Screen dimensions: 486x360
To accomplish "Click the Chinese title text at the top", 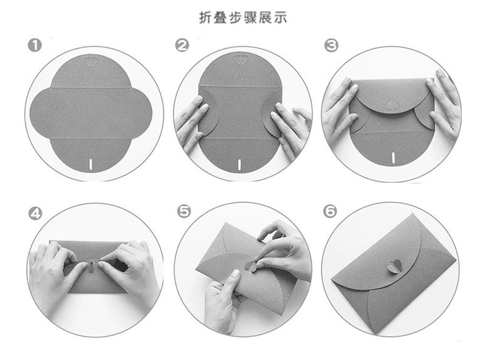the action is click(242, 18).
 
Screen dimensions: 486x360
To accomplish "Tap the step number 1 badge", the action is click(35, 46).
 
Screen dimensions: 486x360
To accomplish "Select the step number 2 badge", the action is click(182, 46).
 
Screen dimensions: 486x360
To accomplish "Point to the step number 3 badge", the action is click(331, 46).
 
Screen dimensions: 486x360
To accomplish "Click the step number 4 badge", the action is click(35, 214).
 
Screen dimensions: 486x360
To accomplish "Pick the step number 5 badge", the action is click(184, 211).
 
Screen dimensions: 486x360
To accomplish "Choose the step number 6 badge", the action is click(330, 211).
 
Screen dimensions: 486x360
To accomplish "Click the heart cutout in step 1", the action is click(92, 62).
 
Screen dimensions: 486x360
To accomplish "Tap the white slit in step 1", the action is click(91, 164).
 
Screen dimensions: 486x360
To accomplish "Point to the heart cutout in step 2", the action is click(241, 59).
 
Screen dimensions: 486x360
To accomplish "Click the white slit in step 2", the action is click(239, 164).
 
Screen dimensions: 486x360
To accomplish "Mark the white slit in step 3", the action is click(394, 157).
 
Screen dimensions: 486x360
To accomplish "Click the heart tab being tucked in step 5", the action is click(251, 266).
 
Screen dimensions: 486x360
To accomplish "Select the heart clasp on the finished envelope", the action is click(394, 267).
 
